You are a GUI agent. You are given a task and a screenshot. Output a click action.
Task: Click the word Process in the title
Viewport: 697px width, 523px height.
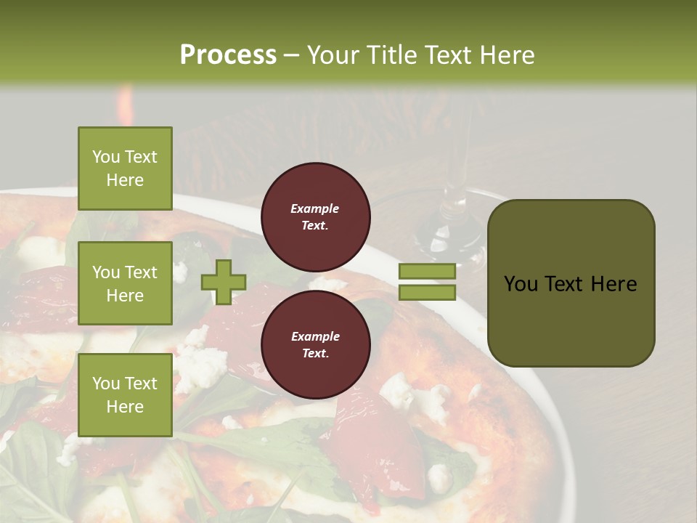[x=228, y=54]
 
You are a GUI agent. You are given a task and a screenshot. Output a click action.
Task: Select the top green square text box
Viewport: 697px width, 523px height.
[x=125, y=169]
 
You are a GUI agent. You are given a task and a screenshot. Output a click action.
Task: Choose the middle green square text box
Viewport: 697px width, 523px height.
[x=125, y=283]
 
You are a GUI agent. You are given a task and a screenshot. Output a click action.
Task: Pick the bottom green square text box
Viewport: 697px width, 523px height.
[x=125, y=395]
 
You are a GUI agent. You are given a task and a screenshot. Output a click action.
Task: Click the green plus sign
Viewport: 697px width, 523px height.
[x=224, y=282]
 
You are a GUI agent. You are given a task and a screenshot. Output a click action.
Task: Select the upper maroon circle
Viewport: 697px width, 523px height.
[x=316, y=217]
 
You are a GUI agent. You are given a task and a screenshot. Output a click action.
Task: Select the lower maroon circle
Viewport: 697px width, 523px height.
[x=316, y=345]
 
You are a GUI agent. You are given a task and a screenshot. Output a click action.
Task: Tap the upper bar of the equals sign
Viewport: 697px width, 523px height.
[x=428, y=271]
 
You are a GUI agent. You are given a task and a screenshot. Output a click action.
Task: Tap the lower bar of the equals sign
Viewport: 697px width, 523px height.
[x=428, y=293]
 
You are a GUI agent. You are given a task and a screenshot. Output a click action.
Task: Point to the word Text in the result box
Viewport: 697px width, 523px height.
[x=571, y=284]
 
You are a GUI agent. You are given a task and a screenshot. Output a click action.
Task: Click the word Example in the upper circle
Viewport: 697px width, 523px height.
[x=315, y=208]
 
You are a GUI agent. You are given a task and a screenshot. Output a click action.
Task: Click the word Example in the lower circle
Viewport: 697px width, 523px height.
[x=315, y=336]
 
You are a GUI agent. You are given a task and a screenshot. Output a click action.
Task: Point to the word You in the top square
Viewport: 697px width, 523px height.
[x=106, y=157]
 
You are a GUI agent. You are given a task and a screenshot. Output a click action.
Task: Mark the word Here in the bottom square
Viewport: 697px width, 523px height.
[x=125, y=407]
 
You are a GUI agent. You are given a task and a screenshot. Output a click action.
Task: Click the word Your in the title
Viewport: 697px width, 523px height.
[x=336, y=54]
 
